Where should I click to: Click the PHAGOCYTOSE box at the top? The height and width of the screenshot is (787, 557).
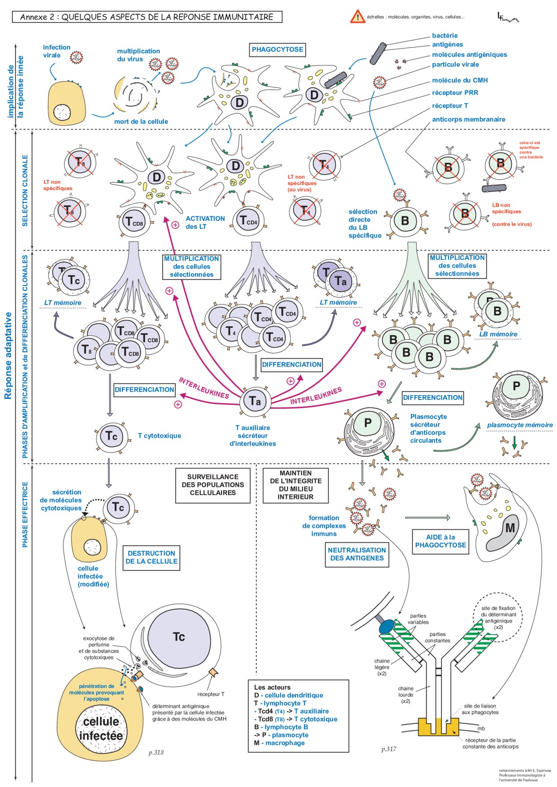pyautogui.click(x=277, y=50)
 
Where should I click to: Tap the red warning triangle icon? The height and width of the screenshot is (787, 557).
pyautogui.click(x=358, y=17)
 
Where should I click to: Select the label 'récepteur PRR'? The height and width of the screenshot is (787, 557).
pyautogui.click(x=455, y=93)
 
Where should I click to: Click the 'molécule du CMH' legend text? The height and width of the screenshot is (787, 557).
pyautogui.click(x=460, y=80)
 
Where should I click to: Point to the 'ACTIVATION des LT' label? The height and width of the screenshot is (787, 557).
pyautogui.click(x=205, y=223)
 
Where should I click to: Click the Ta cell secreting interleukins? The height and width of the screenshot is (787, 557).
pyautogui.click(x=255, y=401)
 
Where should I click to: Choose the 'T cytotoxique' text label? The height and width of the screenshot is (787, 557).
pyautogui.click(x=160, y=435)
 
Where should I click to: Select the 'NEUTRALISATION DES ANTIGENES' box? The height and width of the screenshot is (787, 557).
pyautogui.click(x=357, y=554)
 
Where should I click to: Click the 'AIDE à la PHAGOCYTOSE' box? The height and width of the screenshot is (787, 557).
pyautogui.click(x=440, y=541)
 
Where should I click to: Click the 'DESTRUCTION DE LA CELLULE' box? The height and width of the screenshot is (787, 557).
pyautogui.click(x=151, y=557)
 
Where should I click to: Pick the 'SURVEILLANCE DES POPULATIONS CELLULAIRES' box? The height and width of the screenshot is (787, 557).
pyautogui.click(x=213, y=485)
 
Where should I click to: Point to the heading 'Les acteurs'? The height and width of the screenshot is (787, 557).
pyautogui.click(x=272, y=687)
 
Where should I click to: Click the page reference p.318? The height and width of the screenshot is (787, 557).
pyautogui.click(x=156, y=753)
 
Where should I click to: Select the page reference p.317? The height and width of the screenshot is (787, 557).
pyautogui.click(x=389, y=749)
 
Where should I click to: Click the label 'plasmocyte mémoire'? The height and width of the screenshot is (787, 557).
pyautogui.click(x=520, y=425)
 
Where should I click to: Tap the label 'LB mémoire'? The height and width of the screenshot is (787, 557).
pyautogui.click(x=498, y=334)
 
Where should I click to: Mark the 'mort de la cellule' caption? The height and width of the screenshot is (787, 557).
pyautogui.click(x=141, y=121)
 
